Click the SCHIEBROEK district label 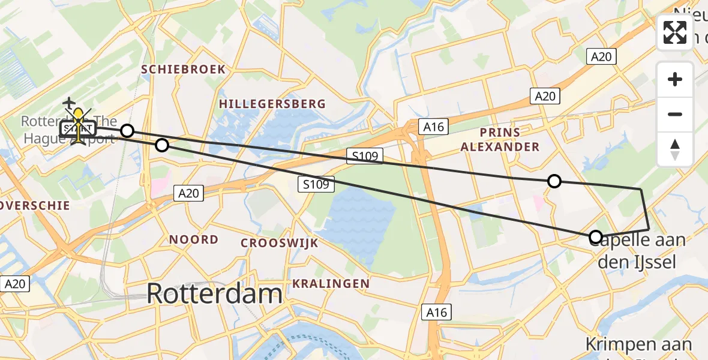(184, 70)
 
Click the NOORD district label (193, 240)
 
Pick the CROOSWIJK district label (279, 243)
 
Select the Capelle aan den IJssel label (642, 251)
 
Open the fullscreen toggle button (675, 32)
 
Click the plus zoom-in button (675, 79)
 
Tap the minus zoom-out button (675, 114)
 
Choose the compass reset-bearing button (675, 149)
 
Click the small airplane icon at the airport (70, 103)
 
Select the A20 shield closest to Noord (188, 193)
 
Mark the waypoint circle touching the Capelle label (595, 237)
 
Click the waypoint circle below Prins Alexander (554, 181)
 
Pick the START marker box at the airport (78, 128)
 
